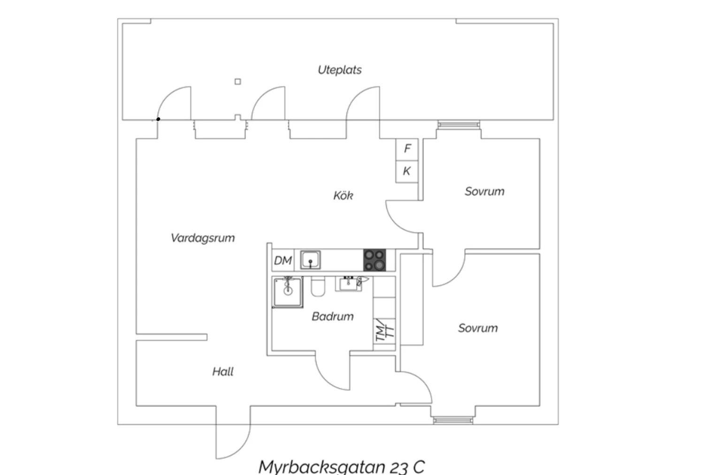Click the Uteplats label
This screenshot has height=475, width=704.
[x=339, y=70]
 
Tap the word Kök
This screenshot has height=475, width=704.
[x=343, y=195]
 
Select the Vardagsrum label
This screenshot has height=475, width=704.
[x=202, y=238]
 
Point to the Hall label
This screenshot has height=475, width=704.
[x=222, y=372]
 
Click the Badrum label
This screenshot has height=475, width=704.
[x=332, y=316]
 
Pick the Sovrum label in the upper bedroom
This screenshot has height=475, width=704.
[x=484, y=191]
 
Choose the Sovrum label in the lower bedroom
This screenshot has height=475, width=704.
[x=478, y=328]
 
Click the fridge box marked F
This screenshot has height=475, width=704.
[x=407, y=149]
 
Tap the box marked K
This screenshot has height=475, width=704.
[x=407, y=171]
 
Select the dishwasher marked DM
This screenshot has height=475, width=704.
[x=283, y=260]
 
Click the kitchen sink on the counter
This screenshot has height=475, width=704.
[x=310, y=260]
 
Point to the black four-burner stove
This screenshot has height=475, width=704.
[x=375, y=260]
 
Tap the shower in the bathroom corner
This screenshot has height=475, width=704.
[x=287, y=292]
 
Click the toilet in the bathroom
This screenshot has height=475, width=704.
[x=318, y=287]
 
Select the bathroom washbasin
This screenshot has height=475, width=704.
[x=348, y=284]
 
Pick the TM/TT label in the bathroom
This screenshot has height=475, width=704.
[x=384, y=331]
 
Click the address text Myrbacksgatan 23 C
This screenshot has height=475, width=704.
[x=341, y=467]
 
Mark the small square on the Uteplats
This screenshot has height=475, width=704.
[x=237, y=82]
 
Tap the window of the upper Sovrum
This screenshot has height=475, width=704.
[x=459, y=125]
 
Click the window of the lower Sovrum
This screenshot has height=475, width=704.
[x=452, y=420]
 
